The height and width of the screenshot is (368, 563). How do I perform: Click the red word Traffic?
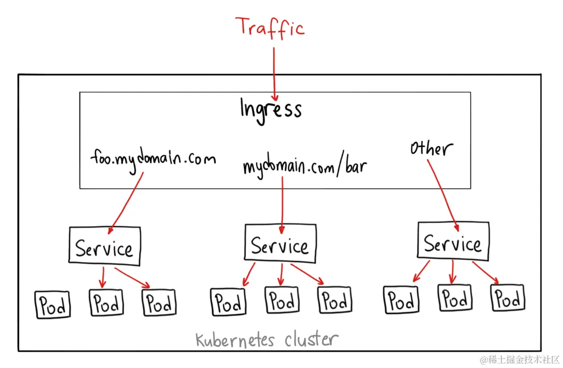(270, 27)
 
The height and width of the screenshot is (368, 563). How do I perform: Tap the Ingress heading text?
(270, 109)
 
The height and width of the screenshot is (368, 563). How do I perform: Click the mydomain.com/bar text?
(304, 165)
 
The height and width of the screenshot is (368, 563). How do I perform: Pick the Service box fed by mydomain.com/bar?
(280, 242)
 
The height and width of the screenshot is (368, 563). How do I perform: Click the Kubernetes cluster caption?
(266, 340)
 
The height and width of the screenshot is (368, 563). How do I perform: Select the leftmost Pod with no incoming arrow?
(52, 304)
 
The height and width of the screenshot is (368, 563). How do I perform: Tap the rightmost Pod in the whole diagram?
(508, 298)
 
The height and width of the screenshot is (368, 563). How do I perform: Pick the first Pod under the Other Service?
(401, 300)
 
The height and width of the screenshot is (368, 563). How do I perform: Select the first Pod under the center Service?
(228, 301)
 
